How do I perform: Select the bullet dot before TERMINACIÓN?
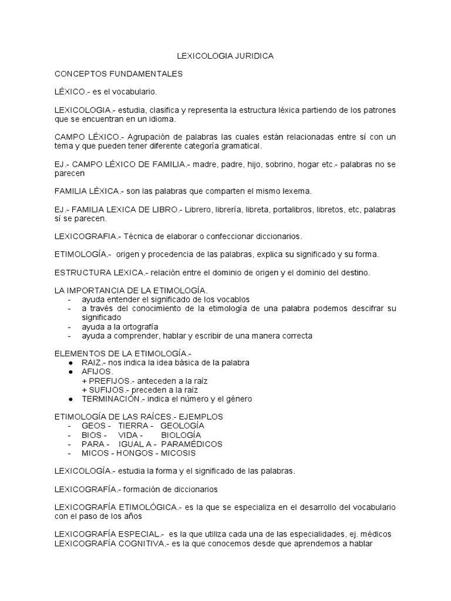tap(70, 399)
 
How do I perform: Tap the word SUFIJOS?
tap(107, 390)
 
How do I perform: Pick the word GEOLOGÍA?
tap(182, 426)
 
